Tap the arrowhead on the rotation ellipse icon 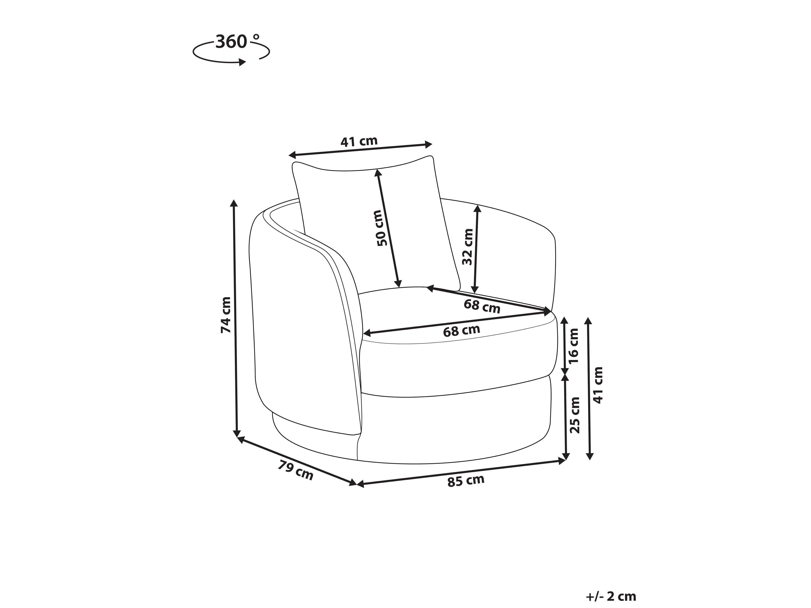tap(242, 62)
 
